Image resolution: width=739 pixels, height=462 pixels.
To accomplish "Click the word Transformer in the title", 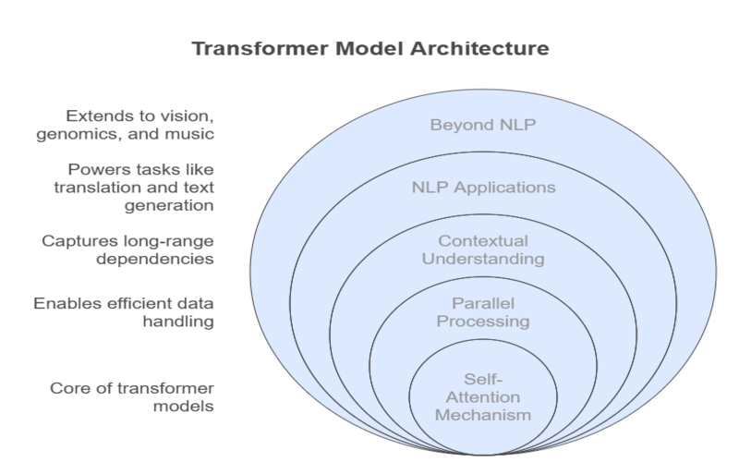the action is click(x=260, y=49).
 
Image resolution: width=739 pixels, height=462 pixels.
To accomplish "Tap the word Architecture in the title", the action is click(x=479, y=49).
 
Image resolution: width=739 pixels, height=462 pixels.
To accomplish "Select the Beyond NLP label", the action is click(x=483, y=125).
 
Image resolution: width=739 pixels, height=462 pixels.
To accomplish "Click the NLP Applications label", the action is click(x=483, y=188).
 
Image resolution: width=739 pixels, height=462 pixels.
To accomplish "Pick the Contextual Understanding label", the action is click(x=483, y=249).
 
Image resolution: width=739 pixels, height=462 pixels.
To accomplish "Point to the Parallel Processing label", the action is click(x=483, y=312).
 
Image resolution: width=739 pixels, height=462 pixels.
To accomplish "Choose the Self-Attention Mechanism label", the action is click(x=483, y=397).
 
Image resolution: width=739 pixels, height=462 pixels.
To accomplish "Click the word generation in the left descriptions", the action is click(x=169, y=206).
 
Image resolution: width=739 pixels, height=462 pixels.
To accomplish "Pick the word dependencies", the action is click(x=155, y=260).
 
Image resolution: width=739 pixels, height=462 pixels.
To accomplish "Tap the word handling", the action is click(x=178, y=322).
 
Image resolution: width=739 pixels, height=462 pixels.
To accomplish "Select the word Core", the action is click(x=67, y=388).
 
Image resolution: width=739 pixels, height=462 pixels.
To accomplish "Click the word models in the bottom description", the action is click(x=184, y=407).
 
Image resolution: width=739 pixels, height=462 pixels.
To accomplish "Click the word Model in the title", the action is click(x=369, y=49).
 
